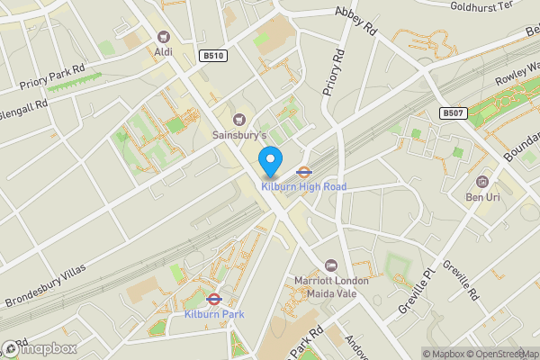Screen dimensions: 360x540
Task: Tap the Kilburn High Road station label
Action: point(303,187)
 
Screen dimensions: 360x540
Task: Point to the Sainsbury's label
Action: point(239,135)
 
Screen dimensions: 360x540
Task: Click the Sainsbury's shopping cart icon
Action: point(239,120)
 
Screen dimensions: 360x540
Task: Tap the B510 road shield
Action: point(214,56)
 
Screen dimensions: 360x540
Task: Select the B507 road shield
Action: point(453,113)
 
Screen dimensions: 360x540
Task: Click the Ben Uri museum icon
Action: point(483,182)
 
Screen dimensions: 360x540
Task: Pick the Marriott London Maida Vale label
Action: point(331,286)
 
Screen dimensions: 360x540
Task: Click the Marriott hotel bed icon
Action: point(331,265)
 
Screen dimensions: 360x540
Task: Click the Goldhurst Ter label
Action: point(482,5)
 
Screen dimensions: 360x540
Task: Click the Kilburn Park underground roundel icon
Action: point(214,299)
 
